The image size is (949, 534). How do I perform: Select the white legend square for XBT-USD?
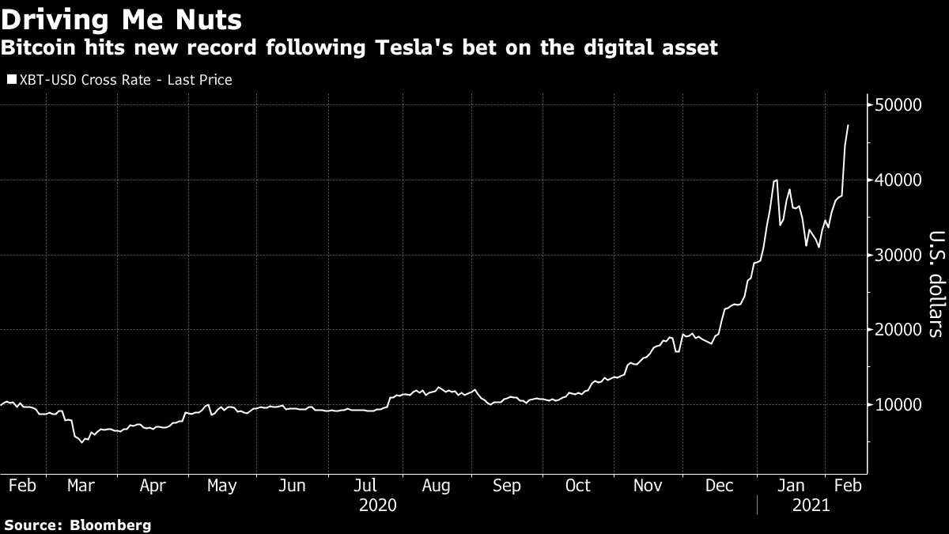click(10, 80)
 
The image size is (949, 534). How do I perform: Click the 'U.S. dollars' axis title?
click(934, 284)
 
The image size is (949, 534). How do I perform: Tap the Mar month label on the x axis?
click(81, 486)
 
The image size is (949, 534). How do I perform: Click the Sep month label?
click(506, 486)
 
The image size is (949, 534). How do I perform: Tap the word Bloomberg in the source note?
click(111, 525)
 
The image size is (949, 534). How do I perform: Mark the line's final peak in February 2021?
click(849, 125)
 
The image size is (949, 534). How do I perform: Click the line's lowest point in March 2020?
click(81, 441)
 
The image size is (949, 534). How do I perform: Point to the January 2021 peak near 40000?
click(776, 180)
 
